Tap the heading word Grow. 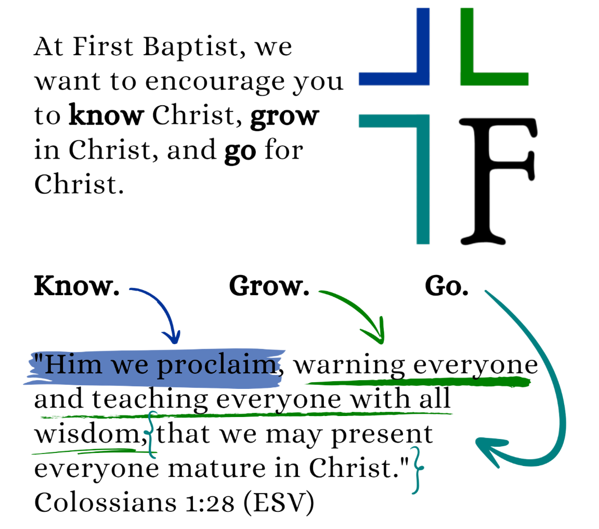pos(268,286)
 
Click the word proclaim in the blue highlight pos(218,367)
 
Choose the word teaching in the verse pos(150,400)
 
